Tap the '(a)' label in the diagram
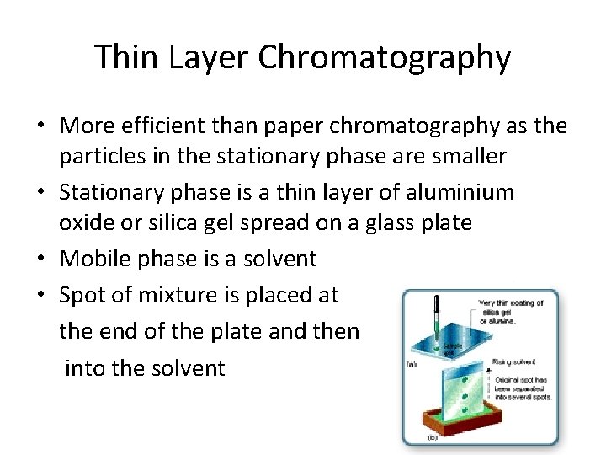[x=412, y=364]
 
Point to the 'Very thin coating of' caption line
[x=511, y=303]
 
